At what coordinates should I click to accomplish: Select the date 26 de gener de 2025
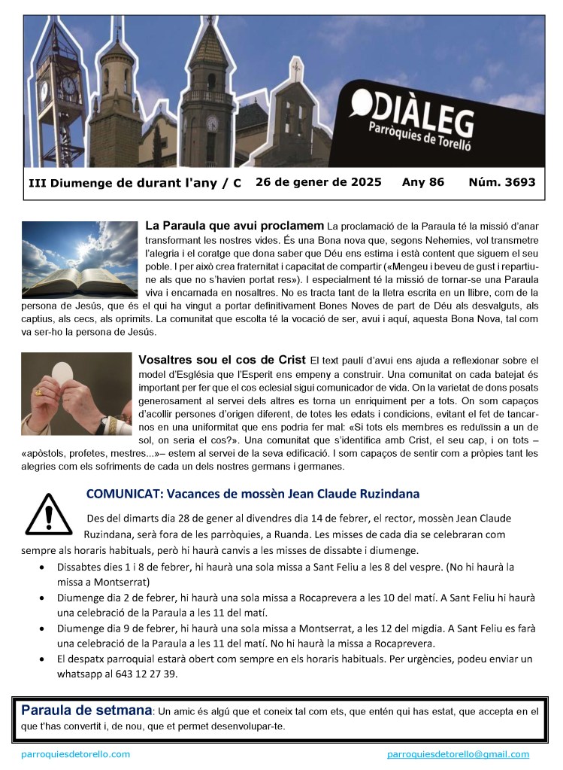pyautogui.click(x=318, y=182)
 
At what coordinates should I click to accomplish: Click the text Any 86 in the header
pyautogui.click(x=423, y=182)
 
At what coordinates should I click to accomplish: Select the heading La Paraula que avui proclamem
pyautogui.click(x=234, y=225)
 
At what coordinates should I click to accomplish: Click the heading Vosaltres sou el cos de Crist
pyautogui.click(x=222, y=360)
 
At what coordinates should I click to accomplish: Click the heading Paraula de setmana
pyautogui.click(x=86, y=710)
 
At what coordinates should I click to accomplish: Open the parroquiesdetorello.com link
pyautogui.click(x=75, y=754)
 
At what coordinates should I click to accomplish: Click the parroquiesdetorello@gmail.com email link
pyautogui.click(x=458, y=754)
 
